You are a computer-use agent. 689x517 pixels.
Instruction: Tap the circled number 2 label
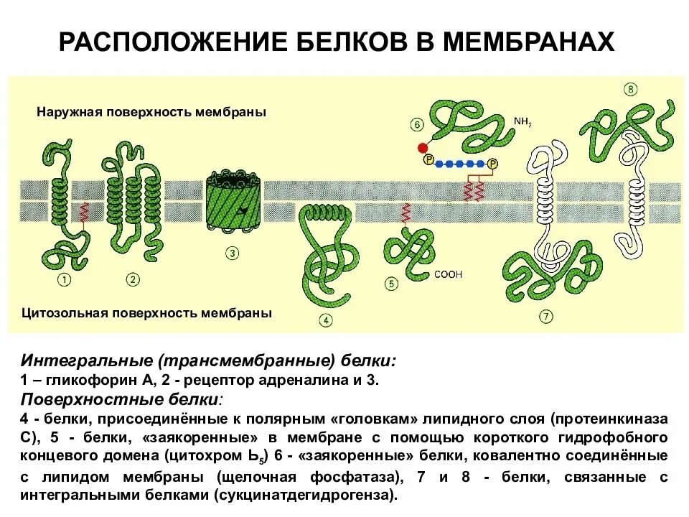pyautogui.click(x=133, y=279)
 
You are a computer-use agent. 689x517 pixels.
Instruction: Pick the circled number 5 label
pyautogui.click(x=391, y=284)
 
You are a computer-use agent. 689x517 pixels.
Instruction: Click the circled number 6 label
pyautogui.click(x=418, y=124)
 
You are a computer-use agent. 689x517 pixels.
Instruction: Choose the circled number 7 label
pyautogui.click(x=546, y=316)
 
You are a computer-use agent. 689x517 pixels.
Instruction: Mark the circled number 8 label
pyautogui.click(x=631, y=90)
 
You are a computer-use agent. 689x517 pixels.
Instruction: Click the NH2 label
pyautogui.click(x=522, y=122)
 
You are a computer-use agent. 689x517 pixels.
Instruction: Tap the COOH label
pyautogui.click(x=449, y=274)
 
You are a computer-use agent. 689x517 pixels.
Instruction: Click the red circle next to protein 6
pyautogui.click(x=422, y=148)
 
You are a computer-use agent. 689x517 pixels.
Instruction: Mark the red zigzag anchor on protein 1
pyautogui.click(x=84, y=211)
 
